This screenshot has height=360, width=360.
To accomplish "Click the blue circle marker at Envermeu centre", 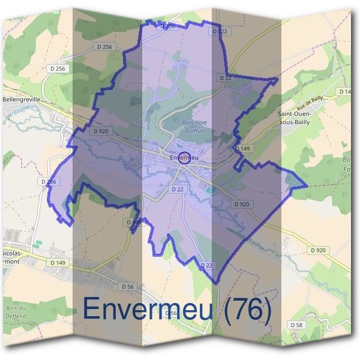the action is [x=185, y=158].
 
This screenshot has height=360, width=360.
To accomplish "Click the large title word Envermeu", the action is [x=144, y=309].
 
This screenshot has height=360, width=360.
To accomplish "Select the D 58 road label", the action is [x=296, y=325].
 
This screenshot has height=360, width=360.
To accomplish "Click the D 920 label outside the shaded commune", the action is [x=319, y=250].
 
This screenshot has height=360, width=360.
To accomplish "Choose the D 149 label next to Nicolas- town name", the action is [x=58, y=262].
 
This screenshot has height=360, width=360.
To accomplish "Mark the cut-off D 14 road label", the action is [x=346, y=91].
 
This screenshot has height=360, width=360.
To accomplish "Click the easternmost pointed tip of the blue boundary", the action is [x=307, y=185].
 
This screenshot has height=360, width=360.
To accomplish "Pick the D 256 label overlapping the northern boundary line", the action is [x=167, y=26].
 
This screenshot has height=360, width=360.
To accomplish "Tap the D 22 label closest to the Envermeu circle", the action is [x=177, y=189].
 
